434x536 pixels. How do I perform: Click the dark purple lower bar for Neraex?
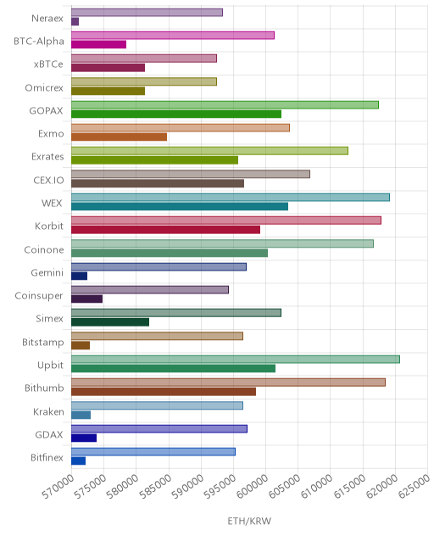[x=75, y=21]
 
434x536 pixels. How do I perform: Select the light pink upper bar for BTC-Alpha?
[x=173, y=36]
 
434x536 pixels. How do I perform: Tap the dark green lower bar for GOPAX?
[x=176, y=114]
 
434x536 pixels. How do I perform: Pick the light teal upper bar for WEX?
[x=231, y=198]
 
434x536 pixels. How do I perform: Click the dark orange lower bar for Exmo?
[x=119, y=137]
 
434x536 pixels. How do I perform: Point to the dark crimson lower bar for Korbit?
[x=165, y=230]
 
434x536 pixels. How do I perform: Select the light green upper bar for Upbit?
[x=236, y=360]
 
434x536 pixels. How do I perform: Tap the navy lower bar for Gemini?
[x=80, y=276]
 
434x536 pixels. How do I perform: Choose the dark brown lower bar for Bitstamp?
[x=81, y=345]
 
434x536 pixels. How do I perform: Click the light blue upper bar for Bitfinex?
[x=153, y=452]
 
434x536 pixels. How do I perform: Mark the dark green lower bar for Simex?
[x=110, y=322]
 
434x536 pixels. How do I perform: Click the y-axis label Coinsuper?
[x=39, y=296]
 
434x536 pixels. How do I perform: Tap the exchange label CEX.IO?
[x=48, y=180]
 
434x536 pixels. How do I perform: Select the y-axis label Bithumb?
[x=44, y=388]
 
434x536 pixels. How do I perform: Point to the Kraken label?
[x=48, y=411]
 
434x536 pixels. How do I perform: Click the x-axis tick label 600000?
[x=253, y=487]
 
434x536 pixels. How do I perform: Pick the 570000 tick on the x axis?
[x=58, y=487]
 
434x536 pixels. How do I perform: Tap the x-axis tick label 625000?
[x=415, y=487]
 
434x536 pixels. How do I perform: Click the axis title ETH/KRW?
[x=249, y=521]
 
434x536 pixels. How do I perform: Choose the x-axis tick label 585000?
[x=155, y=487]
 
